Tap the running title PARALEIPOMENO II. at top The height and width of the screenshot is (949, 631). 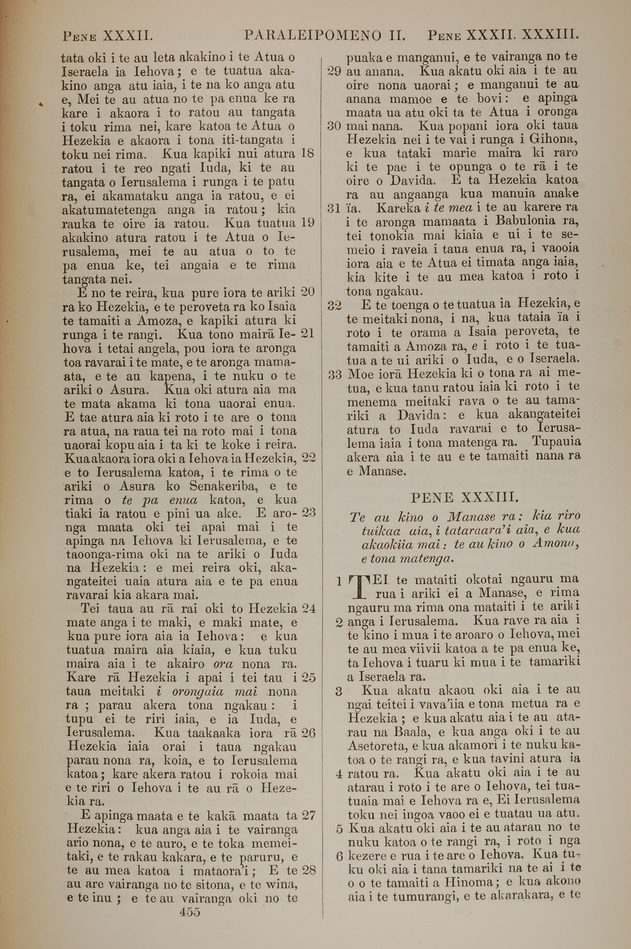point(324,36)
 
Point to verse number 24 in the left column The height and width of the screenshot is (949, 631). point(308,608)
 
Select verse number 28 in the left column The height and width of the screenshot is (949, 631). point(309,870)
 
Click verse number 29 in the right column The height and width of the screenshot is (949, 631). point(334,71)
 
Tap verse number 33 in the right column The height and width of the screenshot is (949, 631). point(335,374)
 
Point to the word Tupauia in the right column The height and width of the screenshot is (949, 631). point(555,441)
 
